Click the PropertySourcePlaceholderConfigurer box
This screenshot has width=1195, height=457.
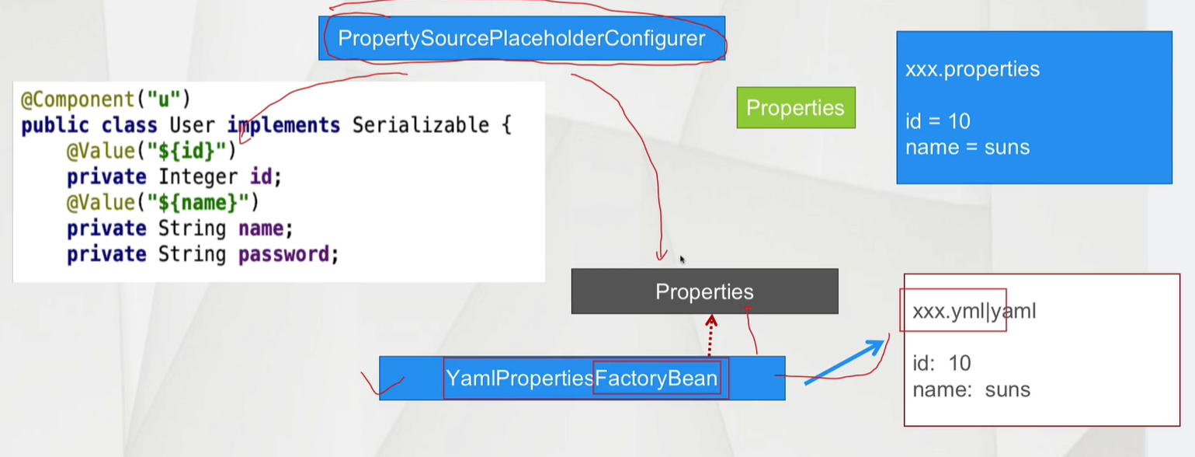point(522,38)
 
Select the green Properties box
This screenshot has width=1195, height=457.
point(795,107)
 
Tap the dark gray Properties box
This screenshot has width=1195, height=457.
point(704,291)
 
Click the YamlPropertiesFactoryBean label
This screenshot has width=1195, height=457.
point(582,379)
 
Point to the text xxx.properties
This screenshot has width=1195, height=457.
point(972,69)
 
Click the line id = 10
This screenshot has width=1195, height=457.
point(938,121)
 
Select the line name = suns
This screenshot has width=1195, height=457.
point(967,147)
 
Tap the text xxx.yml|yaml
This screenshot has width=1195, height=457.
point(974,312)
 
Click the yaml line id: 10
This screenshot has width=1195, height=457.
point(942,363)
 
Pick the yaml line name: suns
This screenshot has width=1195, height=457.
point(971,389)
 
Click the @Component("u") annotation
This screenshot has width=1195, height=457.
point(106,99)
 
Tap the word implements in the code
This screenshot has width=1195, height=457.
point(283,125)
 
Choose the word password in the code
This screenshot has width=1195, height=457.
point(288,254)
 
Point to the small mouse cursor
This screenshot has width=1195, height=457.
point(683,260)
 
